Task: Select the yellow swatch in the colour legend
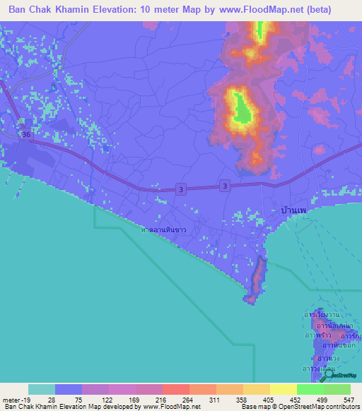284,389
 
